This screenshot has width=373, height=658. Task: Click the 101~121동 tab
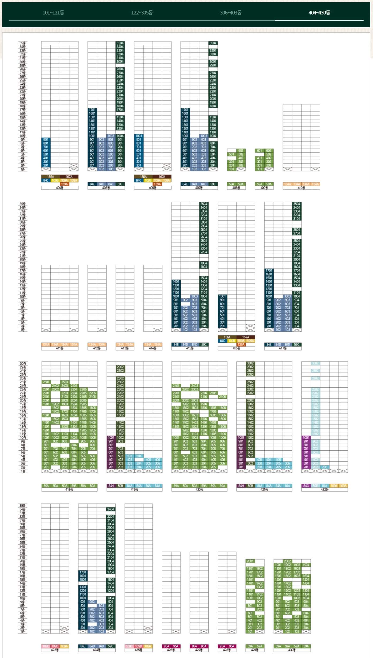(x=53, y=13)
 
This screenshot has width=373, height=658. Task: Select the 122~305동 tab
(x=142, y=13)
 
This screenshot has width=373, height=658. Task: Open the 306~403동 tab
(x=231, y=13)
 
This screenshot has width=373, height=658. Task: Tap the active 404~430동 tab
(x=319, y=13)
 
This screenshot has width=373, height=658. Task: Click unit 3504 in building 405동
(x=120, y=43)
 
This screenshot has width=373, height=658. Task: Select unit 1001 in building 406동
(x=139, y=136)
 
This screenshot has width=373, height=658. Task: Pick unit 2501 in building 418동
(x=46, y=382)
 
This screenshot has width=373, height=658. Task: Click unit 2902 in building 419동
(x=120, y=367)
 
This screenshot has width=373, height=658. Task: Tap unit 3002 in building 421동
(x=250, y=363)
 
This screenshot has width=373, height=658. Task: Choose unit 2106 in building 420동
(x=223, y=397)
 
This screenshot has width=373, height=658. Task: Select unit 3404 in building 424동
(x=111, y=509)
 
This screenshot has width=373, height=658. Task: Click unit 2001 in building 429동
(x=250, y=561)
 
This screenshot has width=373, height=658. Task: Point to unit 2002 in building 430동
(x=287, y=561)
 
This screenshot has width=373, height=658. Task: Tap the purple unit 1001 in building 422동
(x=306, y=437)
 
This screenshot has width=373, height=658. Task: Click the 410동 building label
(x=301, y=188)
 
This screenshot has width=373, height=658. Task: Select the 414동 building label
(x=153, y=348)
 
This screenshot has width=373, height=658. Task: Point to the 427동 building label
(x=199, y=650)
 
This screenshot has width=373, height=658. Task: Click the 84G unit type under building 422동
(x=306, y=486)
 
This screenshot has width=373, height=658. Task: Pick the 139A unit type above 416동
(x=241, y=345)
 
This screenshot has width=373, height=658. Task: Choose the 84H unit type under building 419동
(x=111, y=486)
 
